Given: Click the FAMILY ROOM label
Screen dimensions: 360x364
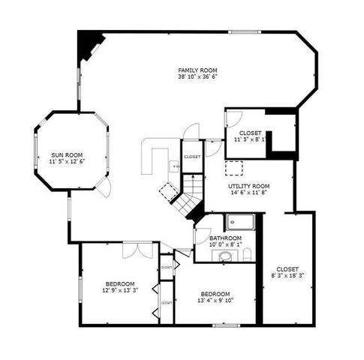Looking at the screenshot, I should pos(193,69).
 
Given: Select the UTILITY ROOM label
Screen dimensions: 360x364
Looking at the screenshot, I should pos(249,185).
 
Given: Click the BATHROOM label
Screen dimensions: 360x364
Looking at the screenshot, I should pos(225,237).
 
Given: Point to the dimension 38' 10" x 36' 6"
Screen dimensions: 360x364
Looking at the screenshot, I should pos(193,76).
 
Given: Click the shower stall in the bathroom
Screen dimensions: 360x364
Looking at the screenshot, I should pos(242,221).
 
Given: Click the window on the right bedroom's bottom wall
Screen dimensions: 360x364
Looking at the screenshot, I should pos(224,324).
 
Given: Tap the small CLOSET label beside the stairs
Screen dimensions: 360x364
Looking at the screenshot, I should pos(192,157).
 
